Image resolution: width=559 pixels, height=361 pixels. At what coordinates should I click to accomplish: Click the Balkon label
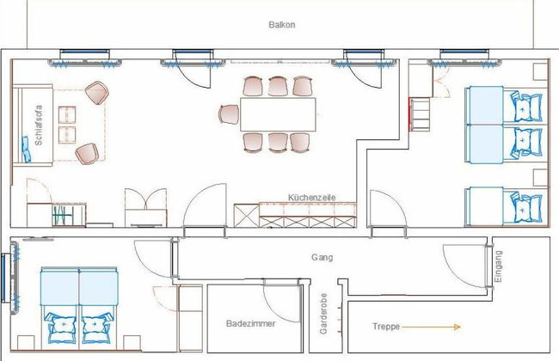(281, 25)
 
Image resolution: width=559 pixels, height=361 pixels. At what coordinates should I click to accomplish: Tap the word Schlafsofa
(39, 125)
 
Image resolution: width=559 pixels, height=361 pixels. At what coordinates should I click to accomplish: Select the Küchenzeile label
(312, 198)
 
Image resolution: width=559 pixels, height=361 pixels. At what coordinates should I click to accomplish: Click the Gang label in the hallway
(322, 257)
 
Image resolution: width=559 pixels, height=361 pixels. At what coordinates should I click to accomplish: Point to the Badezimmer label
(251, 323)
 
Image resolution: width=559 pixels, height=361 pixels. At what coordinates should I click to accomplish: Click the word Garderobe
(323, 314)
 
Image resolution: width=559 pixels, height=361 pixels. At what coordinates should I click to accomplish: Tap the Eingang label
(498, 266)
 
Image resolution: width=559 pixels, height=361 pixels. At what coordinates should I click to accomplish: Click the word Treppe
(386, 327)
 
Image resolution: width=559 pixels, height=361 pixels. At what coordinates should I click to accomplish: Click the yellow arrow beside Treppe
(432, 327)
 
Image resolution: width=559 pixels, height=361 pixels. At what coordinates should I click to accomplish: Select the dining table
(278, 114)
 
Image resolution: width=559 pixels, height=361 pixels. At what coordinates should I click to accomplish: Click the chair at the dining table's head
(229, 114)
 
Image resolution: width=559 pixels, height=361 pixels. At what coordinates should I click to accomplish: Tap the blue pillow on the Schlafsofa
(26, 149)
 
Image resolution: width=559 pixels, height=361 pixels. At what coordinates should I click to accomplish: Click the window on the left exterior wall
(3, 278)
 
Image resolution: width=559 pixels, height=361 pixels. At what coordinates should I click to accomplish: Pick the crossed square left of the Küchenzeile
(246, 215)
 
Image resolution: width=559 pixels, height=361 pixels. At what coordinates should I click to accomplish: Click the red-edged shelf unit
(420, 115)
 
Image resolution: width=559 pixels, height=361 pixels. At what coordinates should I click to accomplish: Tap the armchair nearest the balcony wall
(96, 93)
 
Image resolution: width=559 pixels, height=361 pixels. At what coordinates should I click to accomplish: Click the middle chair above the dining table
(278, 86)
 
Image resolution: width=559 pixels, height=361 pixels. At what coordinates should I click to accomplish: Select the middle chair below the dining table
(278, 143)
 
